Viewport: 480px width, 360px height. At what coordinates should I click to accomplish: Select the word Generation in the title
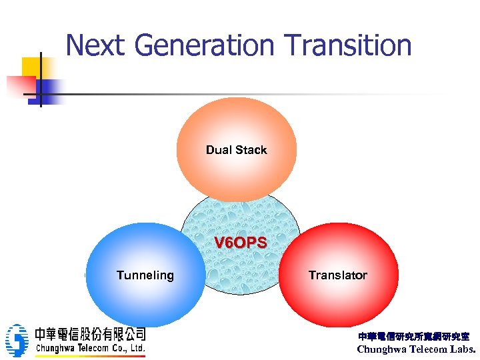204,45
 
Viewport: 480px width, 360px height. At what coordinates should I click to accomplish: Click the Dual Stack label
236,150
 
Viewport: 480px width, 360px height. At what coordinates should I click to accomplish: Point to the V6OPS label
240,243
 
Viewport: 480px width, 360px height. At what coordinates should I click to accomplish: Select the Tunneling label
145,275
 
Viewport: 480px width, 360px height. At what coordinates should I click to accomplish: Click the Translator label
337,275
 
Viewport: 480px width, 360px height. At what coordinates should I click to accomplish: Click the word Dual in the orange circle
219,150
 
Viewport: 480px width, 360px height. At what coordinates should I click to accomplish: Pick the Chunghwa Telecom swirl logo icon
17,341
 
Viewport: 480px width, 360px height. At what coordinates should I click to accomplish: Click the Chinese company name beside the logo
90,334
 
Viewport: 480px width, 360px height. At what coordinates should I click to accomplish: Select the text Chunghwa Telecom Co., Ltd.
90,348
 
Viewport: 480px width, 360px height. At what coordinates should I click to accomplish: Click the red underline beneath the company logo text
90,355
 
